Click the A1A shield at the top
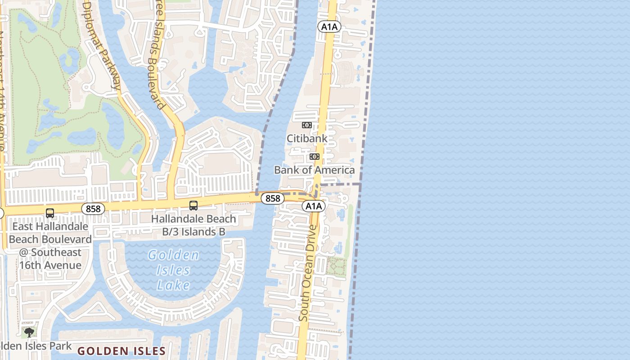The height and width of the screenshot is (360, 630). (x=329, y=27)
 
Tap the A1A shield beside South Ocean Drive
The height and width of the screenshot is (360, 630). (x=313, y=206)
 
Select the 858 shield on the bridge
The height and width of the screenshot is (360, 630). (x=273, y=198)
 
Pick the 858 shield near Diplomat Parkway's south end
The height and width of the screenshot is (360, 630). (x=93, y=209)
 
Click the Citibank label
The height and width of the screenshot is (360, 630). (x=307, y=138)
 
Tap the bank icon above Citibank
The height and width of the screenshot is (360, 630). (x=307, y=125)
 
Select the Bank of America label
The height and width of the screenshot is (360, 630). (x=314, y=170)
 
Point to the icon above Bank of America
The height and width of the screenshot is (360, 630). (x=314, y=157)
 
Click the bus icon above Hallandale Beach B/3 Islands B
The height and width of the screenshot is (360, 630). (x=193, y=206)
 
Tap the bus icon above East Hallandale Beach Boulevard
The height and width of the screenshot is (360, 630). (x=50, y=213)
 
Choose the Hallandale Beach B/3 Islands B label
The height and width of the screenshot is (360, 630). (x=193, y=225)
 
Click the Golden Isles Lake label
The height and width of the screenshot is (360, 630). (x=174, y=270)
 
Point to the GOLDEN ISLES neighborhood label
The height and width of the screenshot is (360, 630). (x=121, y=351)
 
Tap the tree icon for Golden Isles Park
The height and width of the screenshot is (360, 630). (x=29, y=333)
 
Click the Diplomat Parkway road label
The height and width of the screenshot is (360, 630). (x=103, y=45)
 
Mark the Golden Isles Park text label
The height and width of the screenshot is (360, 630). (x=36, y=346)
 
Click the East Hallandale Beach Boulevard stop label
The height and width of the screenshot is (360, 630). (x=50, y=246)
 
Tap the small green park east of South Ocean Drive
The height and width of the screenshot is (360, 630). (x=336, y=266)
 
